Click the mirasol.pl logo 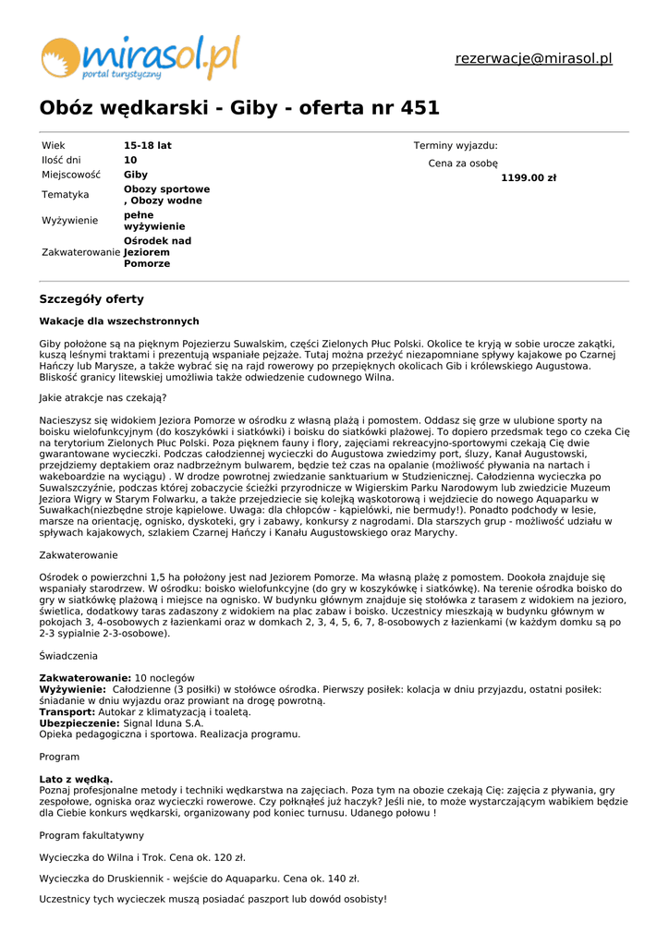pos(139,57)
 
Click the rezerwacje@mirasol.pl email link pos(533,59)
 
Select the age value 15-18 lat pos(148,146)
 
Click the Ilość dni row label pos(61,160)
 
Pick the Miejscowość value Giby pos(136,175)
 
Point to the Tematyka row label pos(66,195)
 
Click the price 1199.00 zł pos(529,178)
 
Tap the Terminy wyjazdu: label pos(456,146)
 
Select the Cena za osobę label pos(463,164)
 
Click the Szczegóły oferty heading pos(91,299)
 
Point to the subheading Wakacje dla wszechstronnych pos(119,321)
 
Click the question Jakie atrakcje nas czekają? pos(103,398)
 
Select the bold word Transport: pos(67,712)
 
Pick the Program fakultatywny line pos(91,835)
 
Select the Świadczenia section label pos(68,656)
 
